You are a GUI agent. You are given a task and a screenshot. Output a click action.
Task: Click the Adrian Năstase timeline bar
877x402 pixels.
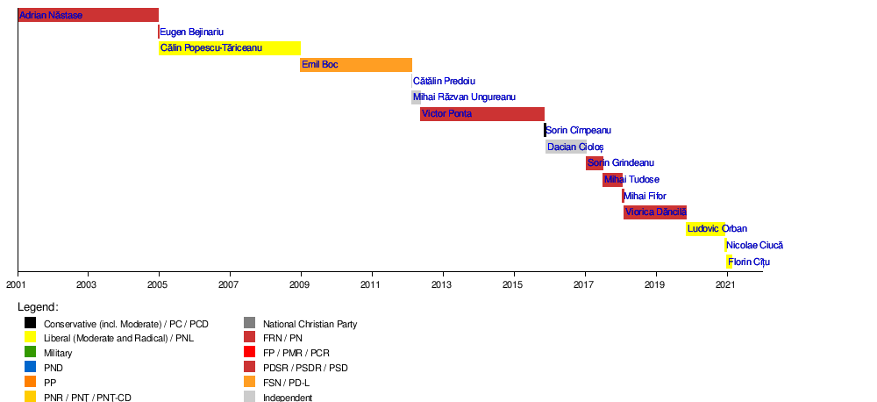(x=88, y=15)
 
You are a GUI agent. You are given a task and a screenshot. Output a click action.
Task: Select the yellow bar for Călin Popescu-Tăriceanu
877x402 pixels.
(x=230, y=48)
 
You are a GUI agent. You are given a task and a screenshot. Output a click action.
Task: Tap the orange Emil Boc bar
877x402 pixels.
(x=356, y=65)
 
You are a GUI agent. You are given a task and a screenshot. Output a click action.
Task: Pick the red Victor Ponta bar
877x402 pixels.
(x=482, y=114)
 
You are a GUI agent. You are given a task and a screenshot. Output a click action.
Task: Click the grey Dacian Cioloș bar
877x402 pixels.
(x=566, y=147)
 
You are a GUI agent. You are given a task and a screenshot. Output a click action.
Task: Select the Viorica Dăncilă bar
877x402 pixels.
(x=655, y=212)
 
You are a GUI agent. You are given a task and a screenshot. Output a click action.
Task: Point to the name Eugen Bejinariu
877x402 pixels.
(x=191, y=32)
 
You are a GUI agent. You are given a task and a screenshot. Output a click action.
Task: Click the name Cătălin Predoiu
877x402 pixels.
(x=444, y=82)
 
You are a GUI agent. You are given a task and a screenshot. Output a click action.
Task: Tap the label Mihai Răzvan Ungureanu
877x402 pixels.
(x=464, y=97)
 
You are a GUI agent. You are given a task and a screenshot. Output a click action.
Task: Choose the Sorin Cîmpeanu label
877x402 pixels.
(x=578, y=131)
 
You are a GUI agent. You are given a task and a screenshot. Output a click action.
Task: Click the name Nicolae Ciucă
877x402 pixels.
(x=754, y=246)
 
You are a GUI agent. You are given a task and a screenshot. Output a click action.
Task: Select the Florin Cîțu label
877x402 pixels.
(x=750, y=262)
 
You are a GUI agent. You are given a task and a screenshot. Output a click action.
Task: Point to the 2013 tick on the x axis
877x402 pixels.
(x=441, y=284)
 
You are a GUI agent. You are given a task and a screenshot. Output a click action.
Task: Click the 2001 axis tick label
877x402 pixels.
(x=18, y=284)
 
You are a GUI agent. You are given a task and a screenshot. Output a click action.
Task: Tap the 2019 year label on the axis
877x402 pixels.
(x=654, y=284)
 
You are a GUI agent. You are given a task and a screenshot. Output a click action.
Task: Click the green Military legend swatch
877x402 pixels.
(x=30, y=353)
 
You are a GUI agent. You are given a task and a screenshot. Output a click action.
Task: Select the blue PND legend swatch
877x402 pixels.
(x=30, y=368)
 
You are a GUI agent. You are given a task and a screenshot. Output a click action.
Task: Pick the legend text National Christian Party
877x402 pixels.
(x=310, y=324)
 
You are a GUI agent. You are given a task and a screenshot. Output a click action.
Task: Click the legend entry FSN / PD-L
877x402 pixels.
(x=291, y=383)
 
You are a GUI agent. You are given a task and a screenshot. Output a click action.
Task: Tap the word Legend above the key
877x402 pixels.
(x=38, y=307)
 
